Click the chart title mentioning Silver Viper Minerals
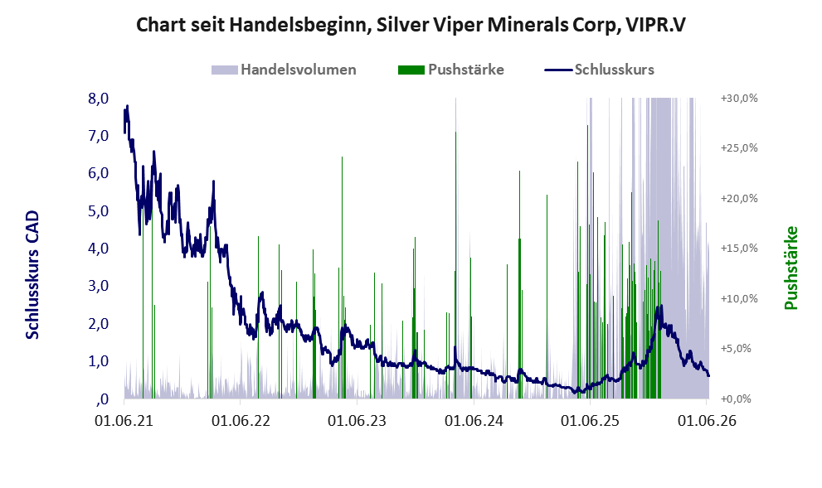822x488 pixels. tap(411, 25)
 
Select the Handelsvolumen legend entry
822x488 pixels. tap(284, 70)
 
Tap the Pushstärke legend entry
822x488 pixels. tap(451, 70)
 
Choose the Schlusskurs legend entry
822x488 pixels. tap(599, 70)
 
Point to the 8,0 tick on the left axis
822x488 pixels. tap(98, 99)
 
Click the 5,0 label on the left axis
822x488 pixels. tap(98, 211)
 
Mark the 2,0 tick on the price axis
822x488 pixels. tap(98, 324)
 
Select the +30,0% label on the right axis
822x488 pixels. tap(739, 99)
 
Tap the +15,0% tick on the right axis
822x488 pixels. tap(739, 249)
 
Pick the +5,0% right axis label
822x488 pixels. tap(739, 348)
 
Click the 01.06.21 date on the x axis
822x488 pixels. tap(124, 420)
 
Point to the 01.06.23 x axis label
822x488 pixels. tap(357, 420)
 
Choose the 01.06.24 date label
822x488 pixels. tap(474, 420)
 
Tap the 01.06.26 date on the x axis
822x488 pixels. tap(708, 420)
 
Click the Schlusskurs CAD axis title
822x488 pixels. tap(33, 275)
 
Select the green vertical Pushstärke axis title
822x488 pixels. tap(791, 268)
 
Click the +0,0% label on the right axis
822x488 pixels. tap(739, 399)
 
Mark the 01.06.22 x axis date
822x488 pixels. tap(241, 420)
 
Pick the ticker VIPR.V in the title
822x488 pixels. tap(654, 25)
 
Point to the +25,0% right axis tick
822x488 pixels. tap(739, 148)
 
